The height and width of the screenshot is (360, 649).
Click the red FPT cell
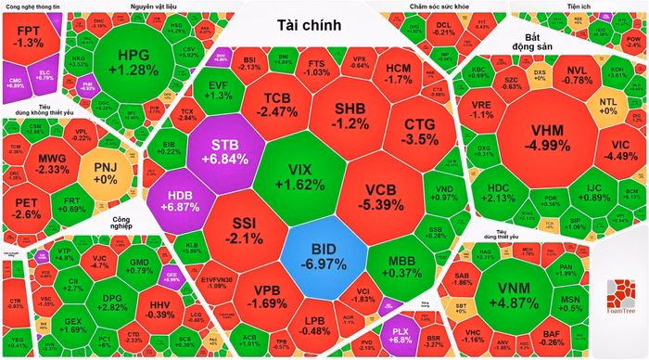[x=30, y=37]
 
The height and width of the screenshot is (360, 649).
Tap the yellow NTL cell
[x=607, y=105]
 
